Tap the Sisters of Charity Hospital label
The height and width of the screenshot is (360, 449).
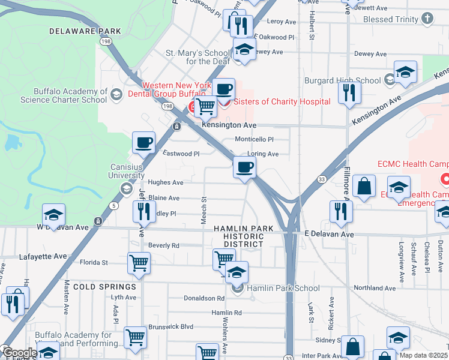pyautogui.click(x=282, y=101)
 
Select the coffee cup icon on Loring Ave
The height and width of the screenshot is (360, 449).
pyautogui.click(x=244, y=167)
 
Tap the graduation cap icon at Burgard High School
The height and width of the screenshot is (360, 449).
pyautogui.click(x=405, y=73)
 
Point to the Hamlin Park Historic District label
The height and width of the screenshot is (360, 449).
pyautogui.click(x=243, y=236)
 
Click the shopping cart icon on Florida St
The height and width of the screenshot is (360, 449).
pyautogui.click(x=139, y=262)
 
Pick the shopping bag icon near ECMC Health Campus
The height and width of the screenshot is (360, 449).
pyautogui.click(x=364, y=186)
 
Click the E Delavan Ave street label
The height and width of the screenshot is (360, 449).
pyautogui.click(x=329, y=234)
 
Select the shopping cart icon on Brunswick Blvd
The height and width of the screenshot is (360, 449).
pyautogui.click(x=135, y=338)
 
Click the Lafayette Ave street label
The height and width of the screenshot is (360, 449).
pyautogui.click(x=43, y=256)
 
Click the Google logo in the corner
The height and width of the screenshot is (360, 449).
pyautogui.click(x=19, y=353)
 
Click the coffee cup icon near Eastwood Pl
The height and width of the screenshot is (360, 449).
pyautogui.click(x=143, y=142)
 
